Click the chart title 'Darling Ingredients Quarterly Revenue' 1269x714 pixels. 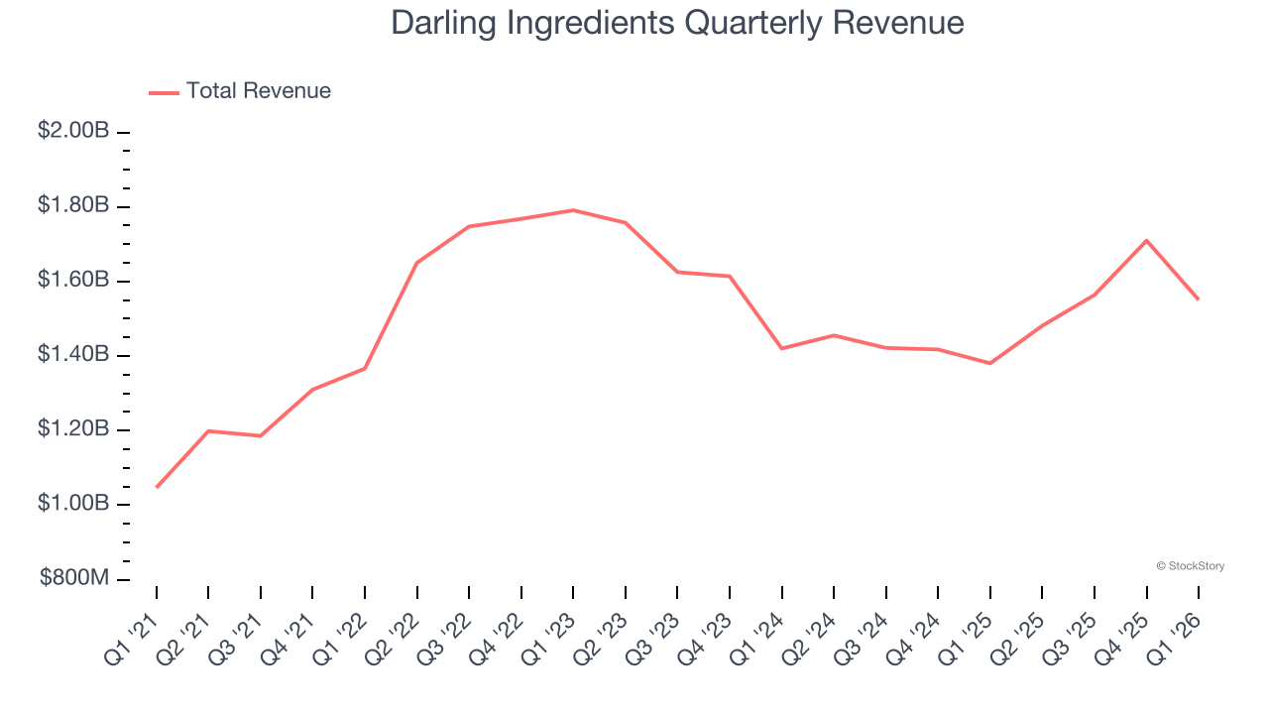pyautogui.click(x=677, y=23)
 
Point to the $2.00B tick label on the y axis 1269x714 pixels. pyautogui.click(x=73, y=131)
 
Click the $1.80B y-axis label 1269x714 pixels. pyautogui.click(x=73, y=205)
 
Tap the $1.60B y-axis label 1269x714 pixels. pyautogui.click(x=73, y=280)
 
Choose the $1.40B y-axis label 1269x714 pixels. pyautogui.click(x=73, y=355)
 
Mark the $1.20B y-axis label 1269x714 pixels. pyautogui.click(x=73, y=429)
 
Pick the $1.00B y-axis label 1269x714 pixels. pyautogui.click(x=73, y=504)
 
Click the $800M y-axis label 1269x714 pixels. pyautogui.click(x=75, y=579)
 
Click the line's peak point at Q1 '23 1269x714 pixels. pyautogui.click(x=573, y=210)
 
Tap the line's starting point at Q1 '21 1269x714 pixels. pyautogui.click(x=157, y=487)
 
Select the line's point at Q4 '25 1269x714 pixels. pyautogui.click(x=1146, y=240)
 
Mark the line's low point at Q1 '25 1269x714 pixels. pyautogui.click(x=989, y=363)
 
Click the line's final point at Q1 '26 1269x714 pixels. pyautogui.click(x=1198, y=298)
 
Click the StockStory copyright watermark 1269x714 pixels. pyautogui.click(x=1190, y=566)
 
